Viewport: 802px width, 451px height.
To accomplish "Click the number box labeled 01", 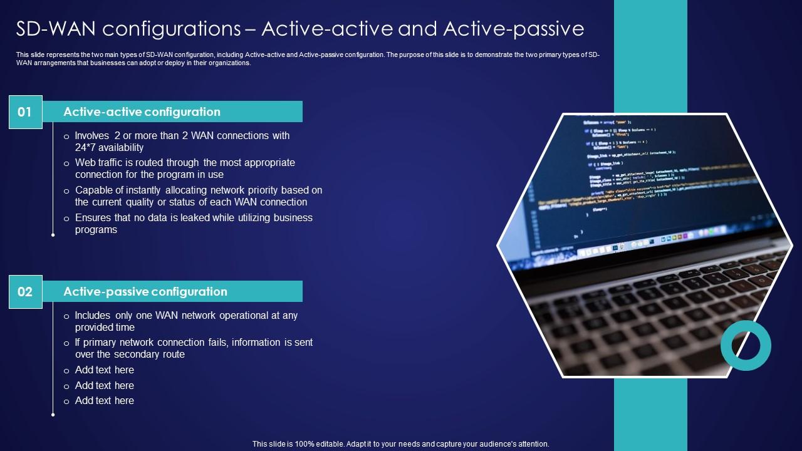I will [x=25, y=112].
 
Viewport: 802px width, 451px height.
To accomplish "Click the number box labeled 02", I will [x=25, y=292].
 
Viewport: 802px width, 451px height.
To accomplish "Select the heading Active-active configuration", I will [x=142, y=112].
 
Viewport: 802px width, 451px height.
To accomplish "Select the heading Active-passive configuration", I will [x=145, y=292].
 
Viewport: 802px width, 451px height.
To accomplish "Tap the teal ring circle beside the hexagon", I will [x=746, y=345].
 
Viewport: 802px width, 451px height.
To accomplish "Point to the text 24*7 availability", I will [x=109, y=148].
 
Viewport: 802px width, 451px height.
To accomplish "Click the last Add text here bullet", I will [x=104, y=401].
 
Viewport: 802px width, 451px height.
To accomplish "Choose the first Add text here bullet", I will [x=104, y=370].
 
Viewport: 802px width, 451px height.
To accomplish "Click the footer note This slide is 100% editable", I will [x=400, y=444].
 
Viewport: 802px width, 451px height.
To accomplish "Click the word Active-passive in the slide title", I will [x=513, y=29].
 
